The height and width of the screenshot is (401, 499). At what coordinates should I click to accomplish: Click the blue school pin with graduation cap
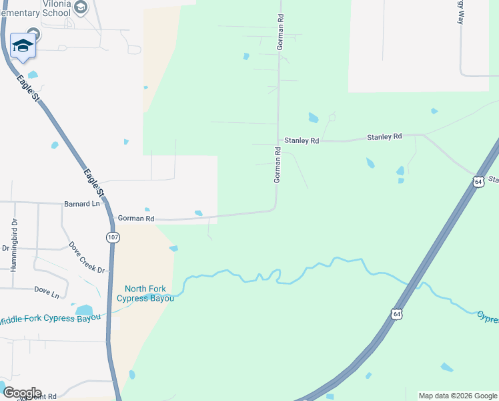pos(23,46)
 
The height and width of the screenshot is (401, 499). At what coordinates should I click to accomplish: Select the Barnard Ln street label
pos(81,203)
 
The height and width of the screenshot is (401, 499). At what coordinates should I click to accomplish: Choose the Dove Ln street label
pos(47,291)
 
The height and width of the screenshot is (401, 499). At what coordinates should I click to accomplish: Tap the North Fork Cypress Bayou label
pos(145,293)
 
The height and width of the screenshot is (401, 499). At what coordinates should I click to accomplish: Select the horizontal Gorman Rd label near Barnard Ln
pos(136,219)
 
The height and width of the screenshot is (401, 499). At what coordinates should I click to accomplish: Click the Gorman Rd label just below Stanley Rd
pos(278,166)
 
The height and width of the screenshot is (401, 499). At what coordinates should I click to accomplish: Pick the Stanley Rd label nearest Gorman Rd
pos(302,141)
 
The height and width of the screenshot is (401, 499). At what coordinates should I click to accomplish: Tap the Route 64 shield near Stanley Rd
pos(478,182)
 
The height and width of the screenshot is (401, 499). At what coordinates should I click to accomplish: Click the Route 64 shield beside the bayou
pos(397,313)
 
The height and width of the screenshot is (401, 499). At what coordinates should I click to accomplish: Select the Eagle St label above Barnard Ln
pos(91,182)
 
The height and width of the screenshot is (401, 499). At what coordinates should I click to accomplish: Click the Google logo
pos(21,393)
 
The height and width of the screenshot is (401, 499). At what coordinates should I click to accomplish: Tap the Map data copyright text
pos(458,396)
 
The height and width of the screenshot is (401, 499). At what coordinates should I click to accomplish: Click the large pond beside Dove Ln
pos(84,310)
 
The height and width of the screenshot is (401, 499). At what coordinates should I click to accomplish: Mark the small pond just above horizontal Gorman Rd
pos(198,213)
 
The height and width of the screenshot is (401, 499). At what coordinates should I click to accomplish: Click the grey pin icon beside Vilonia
pos(81,7)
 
